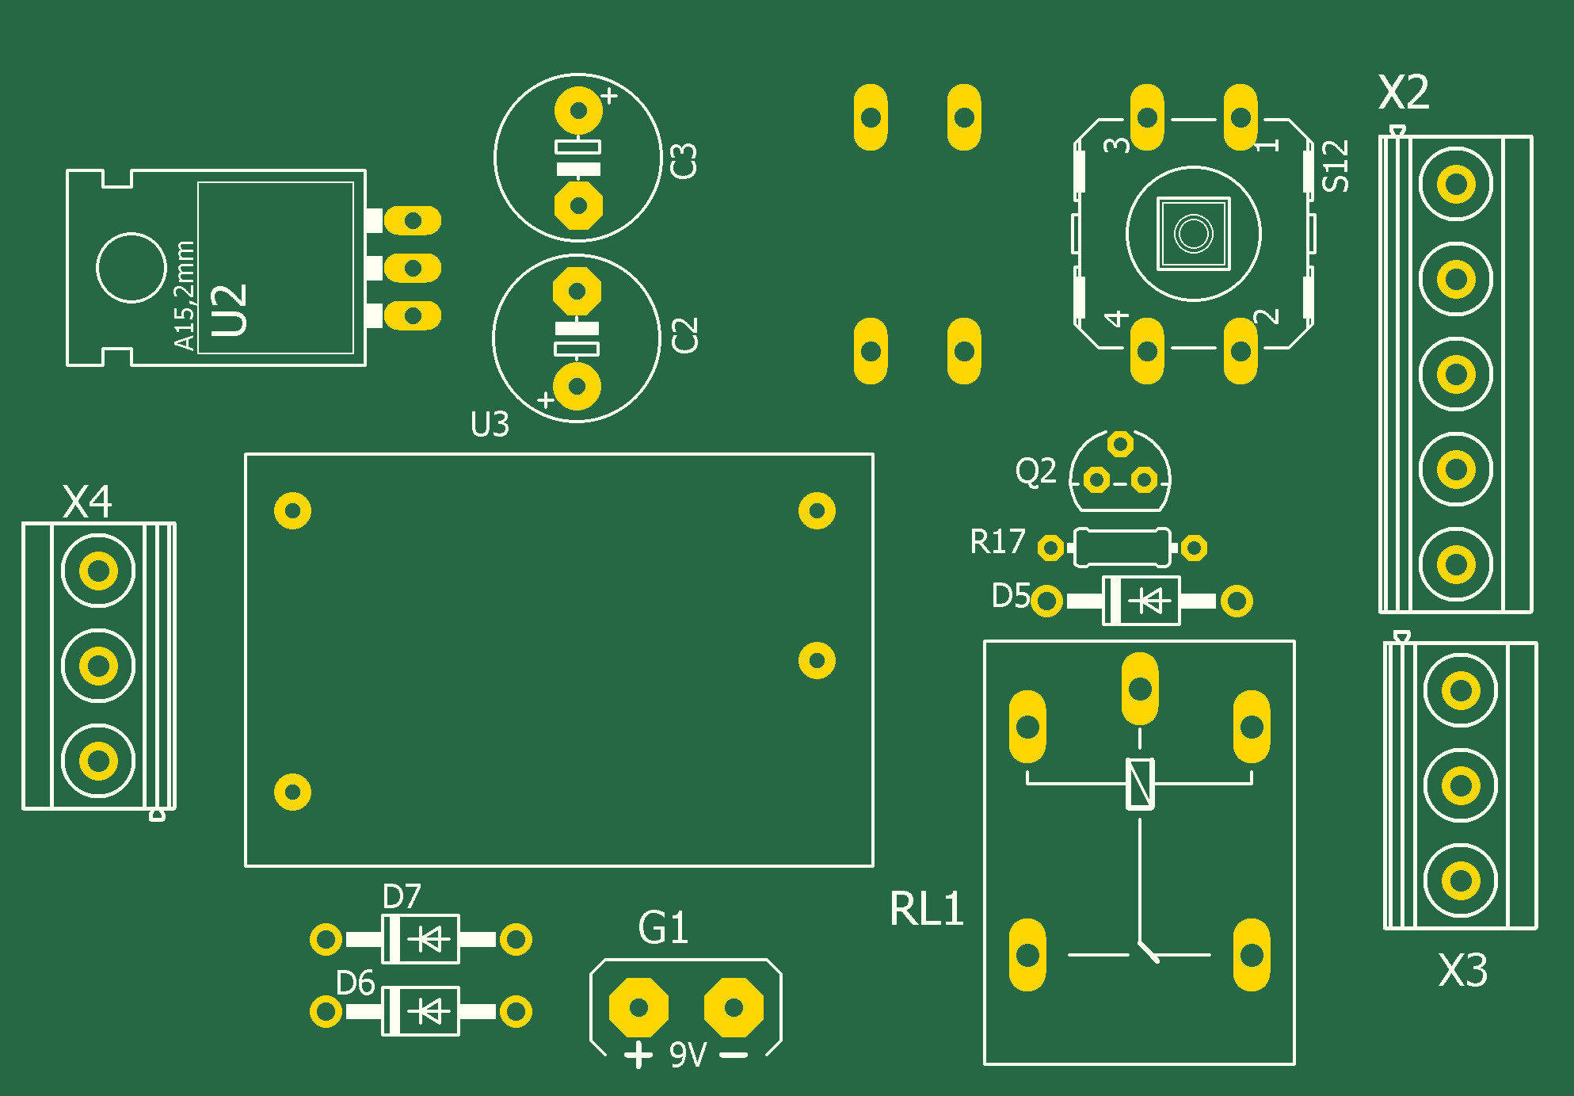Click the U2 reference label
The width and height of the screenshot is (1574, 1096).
click(x=230, y=310)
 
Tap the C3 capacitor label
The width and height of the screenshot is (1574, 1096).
click(x=684, y=161)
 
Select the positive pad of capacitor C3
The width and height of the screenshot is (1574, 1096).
click(x=578, y=110)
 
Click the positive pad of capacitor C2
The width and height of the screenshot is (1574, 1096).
click(x=577, y=387)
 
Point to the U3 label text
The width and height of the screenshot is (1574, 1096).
click(x=490, y=425)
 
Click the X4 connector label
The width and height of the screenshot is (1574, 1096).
click(x=87, y=502)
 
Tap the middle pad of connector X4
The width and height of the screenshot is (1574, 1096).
click(x=98, y=666)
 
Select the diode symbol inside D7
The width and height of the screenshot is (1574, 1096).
click(x=429, y=939)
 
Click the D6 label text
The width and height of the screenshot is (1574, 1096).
click(x=355, y=983)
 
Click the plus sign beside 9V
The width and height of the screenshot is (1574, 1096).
click(x=638, y=1055)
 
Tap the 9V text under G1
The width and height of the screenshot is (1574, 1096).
click(x=688, y=1055)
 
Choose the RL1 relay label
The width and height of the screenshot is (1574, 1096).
click(x=926, y=908)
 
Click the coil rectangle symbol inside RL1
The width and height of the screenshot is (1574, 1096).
click(x=1140, y=784)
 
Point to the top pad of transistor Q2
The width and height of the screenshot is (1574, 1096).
click(x=1120, y=444)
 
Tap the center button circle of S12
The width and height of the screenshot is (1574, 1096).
click(x=1193, y=234)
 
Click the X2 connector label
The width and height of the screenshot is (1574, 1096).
click(x=1404, y=93)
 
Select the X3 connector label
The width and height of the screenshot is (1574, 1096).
click(x=1462, y=970)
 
